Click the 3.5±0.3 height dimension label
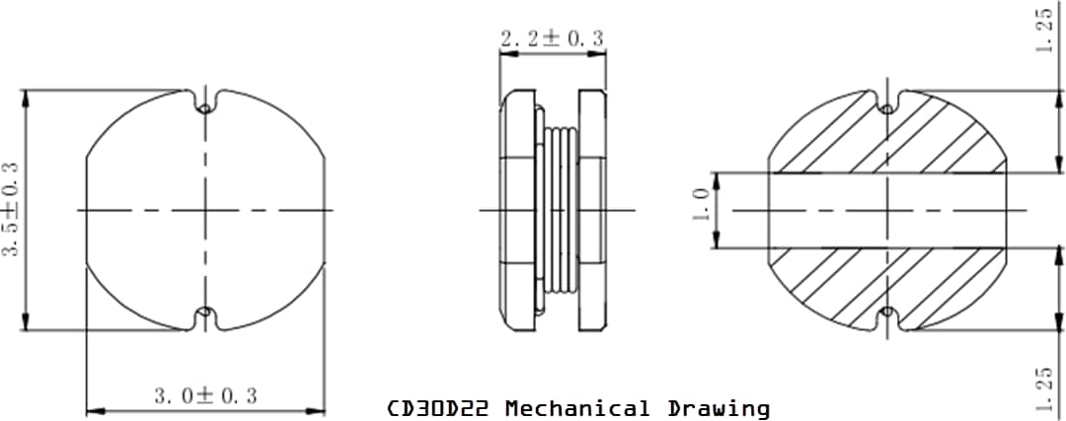(x=13, y=210)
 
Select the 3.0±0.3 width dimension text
(x=205, y=395)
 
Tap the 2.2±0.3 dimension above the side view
(x=552, y=39)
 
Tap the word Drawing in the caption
(x=719, y=408)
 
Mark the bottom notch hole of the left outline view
(x=205, y=315)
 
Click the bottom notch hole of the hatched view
(x=887, y=315)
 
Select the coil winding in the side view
(x=559, y=210)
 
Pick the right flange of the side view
(x=592, y=210)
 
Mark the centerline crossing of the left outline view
(x=205, y=210)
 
